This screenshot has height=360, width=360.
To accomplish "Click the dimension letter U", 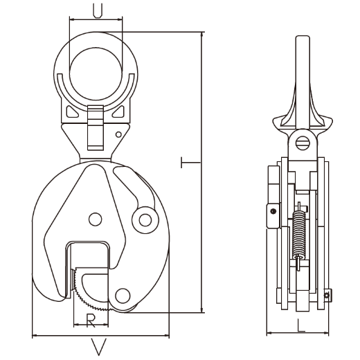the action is point(98,10).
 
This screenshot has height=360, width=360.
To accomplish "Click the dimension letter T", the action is point(190,163).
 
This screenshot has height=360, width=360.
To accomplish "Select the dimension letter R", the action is point(91,321).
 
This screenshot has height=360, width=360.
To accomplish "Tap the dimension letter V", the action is point(99,346).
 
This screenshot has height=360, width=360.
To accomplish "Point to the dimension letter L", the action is point(300,325).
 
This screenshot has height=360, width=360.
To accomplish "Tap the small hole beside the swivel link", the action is point(118,134).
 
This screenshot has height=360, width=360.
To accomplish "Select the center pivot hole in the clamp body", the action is point(96,219).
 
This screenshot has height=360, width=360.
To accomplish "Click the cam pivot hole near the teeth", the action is point(123,296).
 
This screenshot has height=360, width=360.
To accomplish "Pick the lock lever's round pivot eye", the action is point(145,220).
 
